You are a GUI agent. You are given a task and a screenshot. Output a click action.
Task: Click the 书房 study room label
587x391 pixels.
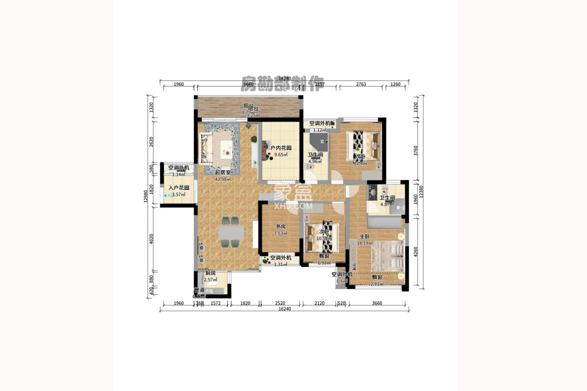[279, 226]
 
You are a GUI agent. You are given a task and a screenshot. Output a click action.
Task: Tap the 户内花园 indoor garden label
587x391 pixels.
[281, 148]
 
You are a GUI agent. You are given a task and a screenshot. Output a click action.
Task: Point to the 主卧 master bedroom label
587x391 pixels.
[365, 237]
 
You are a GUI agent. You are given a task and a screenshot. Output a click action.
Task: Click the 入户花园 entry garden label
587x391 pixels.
[179, 188]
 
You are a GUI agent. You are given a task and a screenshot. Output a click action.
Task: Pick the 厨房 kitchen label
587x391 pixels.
[210, 273]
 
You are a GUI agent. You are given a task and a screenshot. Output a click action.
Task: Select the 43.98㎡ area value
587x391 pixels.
[222, 179]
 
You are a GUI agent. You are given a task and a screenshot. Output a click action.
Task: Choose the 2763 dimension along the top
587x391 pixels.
[361, 84]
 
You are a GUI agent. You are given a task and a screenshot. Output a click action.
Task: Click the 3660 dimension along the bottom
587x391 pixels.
[377, 303]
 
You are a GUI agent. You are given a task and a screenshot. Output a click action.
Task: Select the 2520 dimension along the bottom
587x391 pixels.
[280, 303]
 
